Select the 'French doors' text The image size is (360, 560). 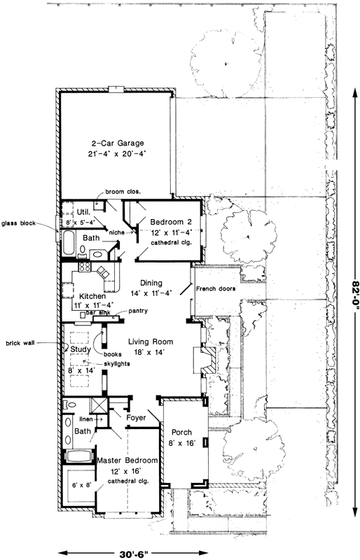(x=215, y=288)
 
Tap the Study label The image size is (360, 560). (x=76, y=349)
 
